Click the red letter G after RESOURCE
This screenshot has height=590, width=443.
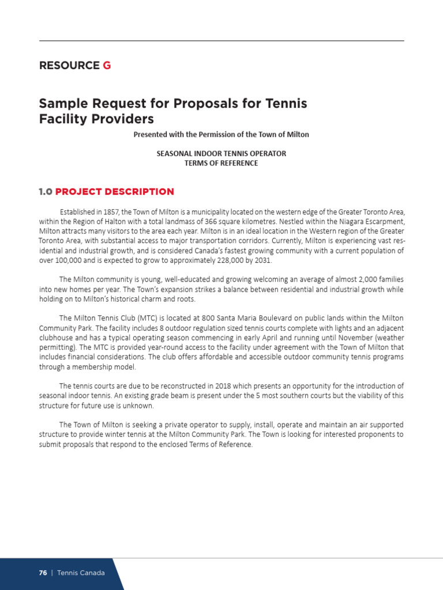[x=107, y=66]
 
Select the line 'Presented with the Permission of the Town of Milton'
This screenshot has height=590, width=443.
[x=221, y=134]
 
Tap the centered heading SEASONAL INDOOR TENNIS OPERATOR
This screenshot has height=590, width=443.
[x=221, y=154]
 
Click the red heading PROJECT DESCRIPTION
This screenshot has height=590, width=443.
[x=115, y=191]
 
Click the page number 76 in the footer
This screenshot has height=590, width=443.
[x=43, y=573]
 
